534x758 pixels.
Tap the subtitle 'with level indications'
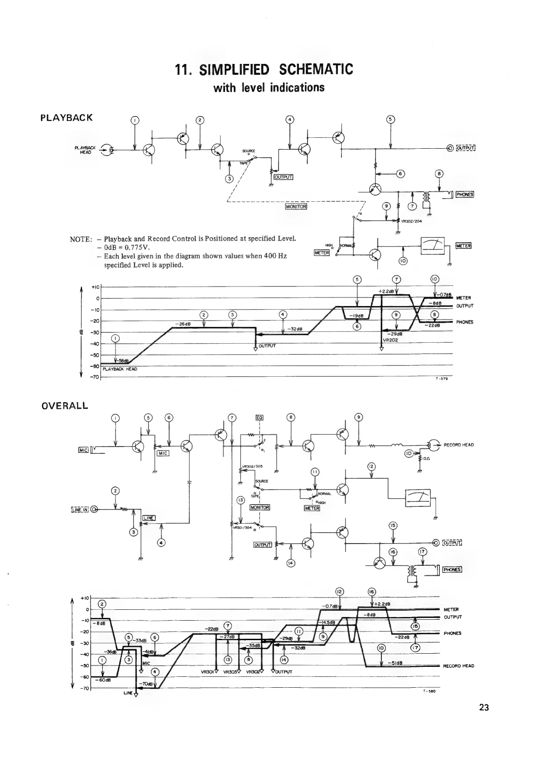click(x=269, y=87)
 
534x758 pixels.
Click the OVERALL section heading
click(x=64, y=406)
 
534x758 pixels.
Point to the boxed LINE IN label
click(x=80, y=509)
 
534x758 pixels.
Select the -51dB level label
click(x=395, y=663)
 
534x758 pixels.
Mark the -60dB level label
click(x=103, y=680)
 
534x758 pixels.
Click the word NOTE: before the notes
click(x=81, y=239)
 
